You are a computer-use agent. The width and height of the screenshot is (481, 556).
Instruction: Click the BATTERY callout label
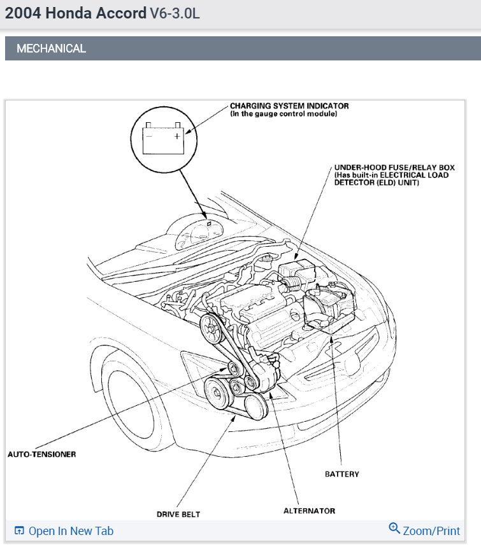[x=341, y=474]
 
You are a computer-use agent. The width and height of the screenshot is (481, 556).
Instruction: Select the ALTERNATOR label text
[x=309, y=511]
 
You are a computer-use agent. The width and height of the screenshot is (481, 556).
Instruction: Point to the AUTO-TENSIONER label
[x=41, y=454]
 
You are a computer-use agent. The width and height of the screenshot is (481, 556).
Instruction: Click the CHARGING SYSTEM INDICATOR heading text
[x=289, y=106]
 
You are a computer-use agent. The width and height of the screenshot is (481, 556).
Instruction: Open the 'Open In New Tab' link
[x=71, y=531]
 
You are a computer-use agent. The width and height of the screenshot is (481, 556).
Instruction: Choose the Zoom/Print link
[x=431, y=531]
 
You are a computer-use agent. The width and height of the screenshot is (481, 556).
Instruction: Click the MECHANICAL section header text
[x=51, y=48]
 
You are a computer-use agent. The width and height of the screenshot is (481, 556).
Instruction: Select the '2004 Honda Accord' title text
[x=75, y=13]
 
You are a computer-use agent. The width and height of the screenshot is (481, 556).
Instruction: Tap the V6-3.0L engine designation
[x=175, y=13]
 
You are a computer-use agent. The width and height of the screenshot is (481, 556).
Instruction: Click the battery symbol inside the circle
[x=163, y=139]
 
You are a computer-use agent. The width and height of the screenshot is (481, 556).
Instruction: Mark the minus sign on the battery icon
[x=149, y=135]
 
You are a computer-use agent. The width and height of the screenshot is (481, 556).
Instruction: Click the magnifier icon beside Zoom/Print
[x=394, y=529]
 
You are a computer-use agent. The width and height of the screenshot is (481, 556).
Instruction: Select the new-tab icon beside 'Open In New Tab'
[x=19, y=531]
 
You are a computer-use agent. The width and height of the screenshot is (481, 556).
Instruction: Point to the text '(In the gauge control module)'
[x=283, y=114]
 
